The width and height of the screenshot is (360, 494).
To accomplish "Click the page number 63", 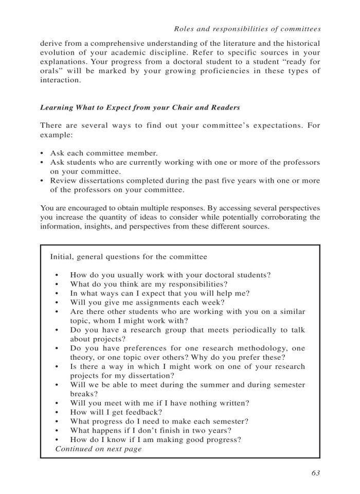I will (315, 473).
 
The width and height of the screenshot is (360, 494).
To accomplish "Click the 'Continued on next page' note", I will (98, 449).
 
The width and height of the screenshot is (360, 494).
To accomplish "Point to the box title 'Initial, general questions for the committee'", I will (129, 256).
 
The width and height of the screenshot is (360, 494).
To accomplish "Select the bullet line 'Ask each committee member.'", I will (104, 153).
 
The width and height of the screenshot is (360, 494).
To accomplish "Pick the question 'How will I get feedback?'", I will (116, 412).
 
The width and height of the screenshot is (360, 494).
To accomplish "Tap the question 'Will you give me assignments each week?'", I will (147, 303).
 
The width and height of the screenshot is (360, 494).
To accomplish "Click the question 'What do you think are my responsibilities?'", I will (149, 284).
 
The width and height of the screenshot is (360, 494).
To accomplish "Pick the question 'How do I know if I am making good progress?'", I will (156, 439).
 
